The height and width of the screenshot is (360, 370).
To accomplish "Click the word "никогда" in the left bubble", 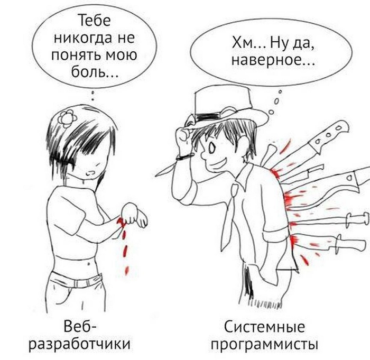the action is pos(82,38).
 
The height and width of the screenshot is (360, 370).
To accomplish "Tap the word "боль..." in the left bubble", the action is pos(95,72).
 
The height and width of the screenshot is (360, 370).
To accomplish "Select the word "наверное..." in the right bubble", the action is pos(273,61).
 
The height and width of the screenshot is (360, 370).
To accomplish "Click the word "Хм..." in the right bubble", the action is pos(249,43).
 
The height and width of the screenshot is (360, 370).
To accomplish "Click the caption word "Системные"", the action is pos(264,327).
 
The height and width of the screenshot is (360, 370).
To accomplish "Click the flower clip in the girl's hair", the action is pos(67,117).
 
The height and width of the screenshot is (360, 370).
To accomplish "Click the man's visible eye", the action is pos(211,146).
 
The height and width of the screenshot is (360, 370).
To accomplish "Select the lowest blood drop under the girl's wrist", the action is pos(127,271).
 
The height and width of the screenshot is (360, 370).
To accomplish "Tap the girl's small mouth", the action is pos(91,173).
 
